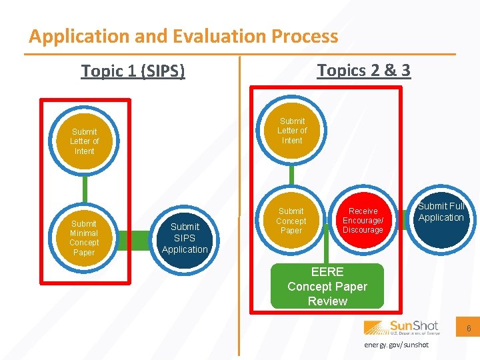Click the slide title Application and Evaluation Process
click(183, 36)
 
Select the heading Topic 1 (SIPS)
click(133, 70)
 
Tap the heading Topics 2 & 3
click(363, 70)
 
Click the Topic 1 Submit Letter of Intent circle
click(84, 141)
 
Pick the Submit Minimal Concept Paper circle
click(84, 238)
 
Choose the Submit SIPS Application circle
click(185, 238)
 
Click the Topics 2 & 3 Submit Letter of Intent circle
click(292, 131)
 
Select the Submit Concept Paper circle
click(291, 221)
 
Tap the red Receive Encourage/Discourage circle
click(363, 221)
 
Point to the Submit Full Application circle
click(441, 217)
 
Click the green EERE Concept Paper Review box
click(327, 287)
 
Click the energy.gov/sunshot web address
click(397, 345)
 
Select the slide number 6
click(469, 329)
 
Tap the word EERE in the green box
click(327, 272)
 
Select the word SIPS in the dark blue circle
click(185, 238)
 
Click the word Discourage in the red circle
click(363, 230)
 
